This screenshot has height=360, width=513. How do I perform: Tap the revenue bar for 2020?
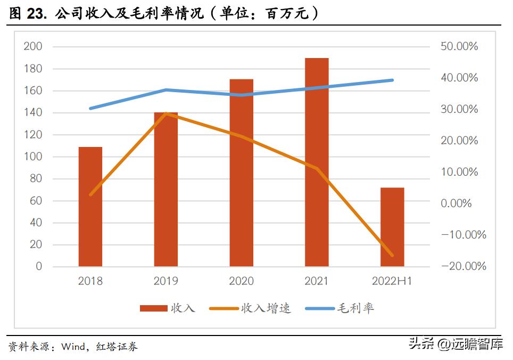[241, 173]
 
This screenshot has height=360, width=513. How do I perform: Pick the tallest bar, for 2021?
[317, 162]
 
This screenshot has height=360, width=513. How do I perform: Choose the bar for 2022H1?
[392, 227]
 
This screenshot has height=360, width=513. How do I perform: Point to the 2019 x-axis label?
[166, 281]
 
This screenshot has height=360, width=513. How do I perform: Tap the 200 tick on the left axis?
[33, 47]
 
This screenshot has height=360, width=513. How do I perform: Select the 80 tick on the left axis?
[36, 179]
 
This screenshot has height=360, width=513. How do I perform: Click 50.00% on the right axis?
[459, 47]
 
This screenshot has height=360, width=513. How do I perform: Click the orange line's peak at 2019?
[166, 113]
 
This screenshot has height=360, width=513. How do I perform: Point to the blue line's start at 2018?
[90, 109]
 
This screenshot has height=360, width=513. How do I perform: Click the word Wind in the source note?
[73, 347]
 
